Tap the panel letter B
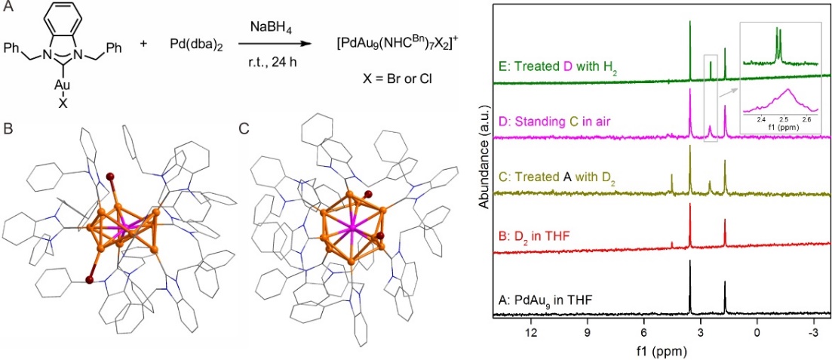(x=8, y=128)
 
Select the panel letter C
(x=243, y=128)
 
